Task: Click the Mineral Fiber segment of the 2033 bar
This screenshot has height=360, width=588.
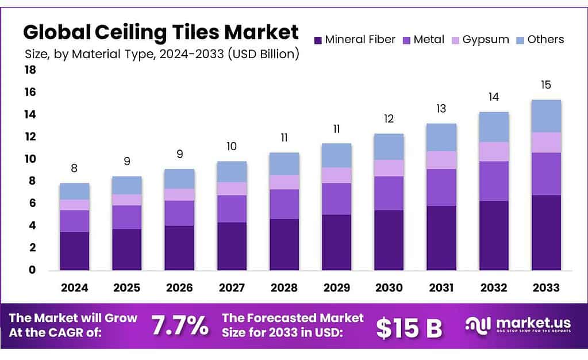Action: (x=546, y=232)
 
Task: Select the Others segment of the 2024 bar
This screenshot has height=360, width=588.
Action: (x=75, y=191)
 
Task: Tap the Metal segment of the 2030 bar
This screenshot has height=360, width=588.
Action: (x=389, y=193)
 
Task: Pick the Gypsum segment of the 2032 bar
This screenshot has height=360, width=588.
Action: (x=494, y=151)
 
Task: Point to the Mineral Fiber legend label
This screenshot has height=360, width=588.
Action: (x=360, y=40)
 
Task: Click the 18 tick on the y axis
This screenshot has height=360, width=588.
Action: (x=30, y=70)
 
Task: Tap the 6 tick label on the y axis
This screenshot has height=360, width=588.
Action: (x=33, y=203)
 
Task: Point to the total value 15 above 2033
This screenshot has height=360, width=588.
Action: (x=546, y=85)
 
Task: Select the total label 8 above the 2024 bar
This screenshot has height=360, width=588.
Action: (x=75, y=168)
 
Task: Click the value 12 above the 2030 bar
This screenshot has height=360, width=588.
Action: (x=389, y=119)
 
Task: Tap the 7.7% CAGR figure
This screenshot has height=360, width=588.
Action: (x=179, y=326)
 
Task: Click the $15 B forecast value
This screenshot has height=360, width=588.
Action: (x=409, y=327)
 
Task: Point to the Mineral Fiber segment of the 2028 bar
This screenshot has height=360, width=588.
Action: (x=284, y=244)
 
